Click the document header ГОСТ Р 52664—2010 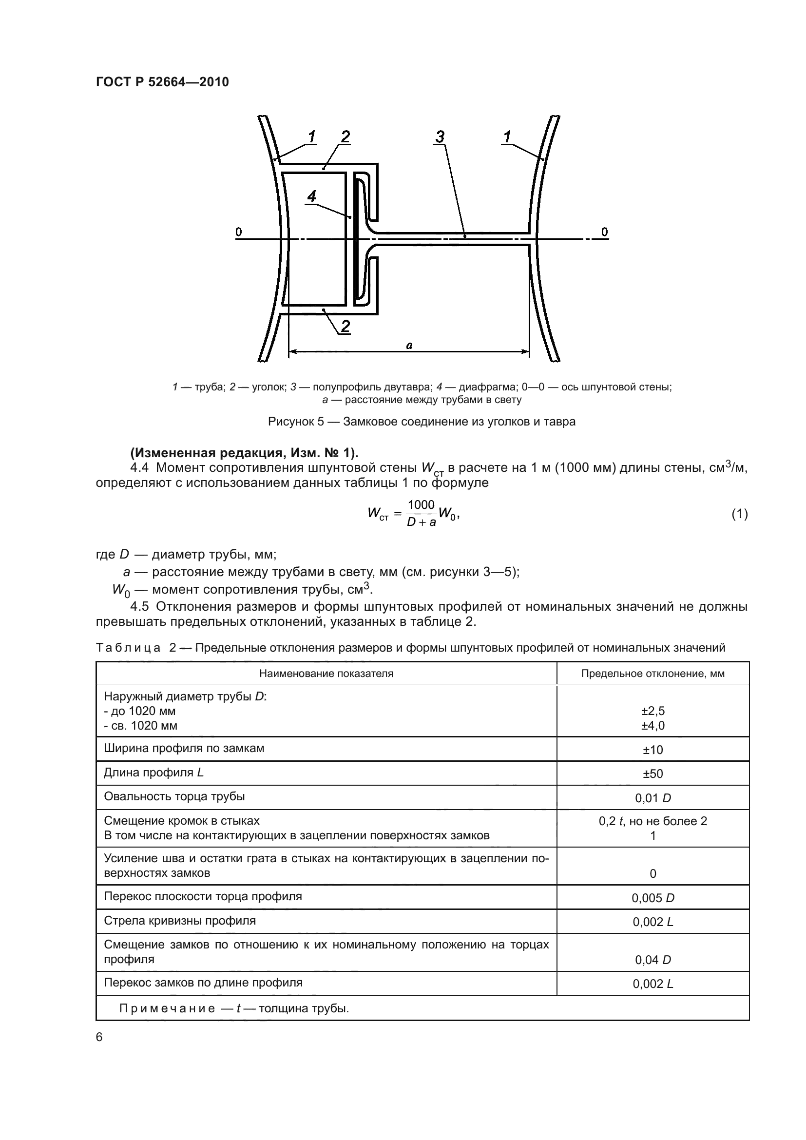pos(162,82)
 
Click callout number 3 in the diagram pos(440,136)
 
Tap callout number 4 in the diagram pos(312,196)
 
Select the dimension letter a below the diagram pos(409,345)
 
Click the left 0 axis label pos(239,232)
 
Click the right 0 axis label pos(604,232)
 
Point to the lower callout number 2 pos(345,326)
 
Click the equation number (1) pos(739,514)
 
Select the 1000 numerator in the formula pos(421,505)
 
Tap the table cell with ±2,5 pos(652,711)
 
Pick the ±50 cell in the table pos(652,773)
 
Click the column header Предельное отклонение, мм pos(652,674)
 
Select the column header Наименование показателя pos(326,674)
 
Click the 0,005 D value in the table pos(652,898)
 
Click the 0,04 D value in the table pos(652,960)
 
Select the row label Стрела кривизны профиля pos(180,921)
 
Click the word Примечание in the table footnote pos(167,1008)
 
